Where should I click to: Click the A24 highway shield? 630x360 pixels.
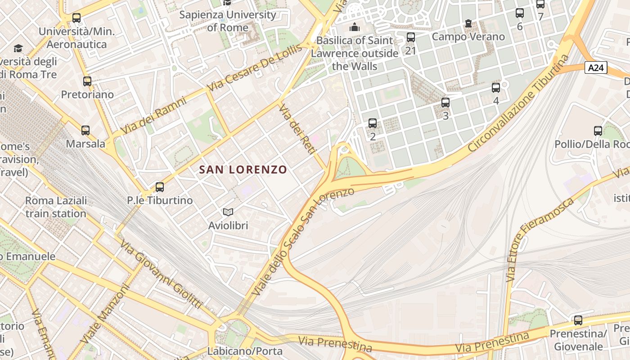click(596, 68)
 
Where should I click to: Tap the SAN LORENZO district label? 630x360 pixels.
click(243, 170)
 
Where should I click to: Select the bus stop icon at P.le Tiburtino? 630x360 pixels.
click(159, 187)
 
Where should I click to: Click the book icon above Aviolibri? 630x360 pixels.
click(228, 211)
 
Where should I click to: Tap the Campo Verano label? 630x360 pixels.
click(468, 36)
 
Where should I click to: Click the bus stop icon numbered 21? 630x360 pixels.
click(410, 37)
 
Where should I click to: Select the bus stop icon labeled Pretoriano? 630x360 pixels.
click(87, 81)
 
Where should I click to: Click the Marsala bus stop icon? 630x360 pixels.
click(85, 130)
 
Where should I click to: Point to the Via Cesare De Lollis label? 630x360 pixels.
click(255, 68)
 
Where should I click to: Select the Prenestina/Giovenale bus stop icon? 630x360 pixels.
click(578, 320)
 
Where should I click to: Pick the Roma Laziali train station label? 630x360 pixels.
click(56, 207)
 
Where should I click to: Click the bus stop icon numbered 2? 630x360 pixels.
click(373, 123)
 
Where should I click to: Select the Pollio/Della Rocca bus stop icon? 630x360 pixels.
click(598, 131)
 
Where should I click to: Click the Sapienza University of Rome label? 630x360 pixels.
click(228, 21)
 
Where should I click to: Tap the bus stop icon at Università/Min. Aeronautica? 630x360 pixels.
click(76, 18)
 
